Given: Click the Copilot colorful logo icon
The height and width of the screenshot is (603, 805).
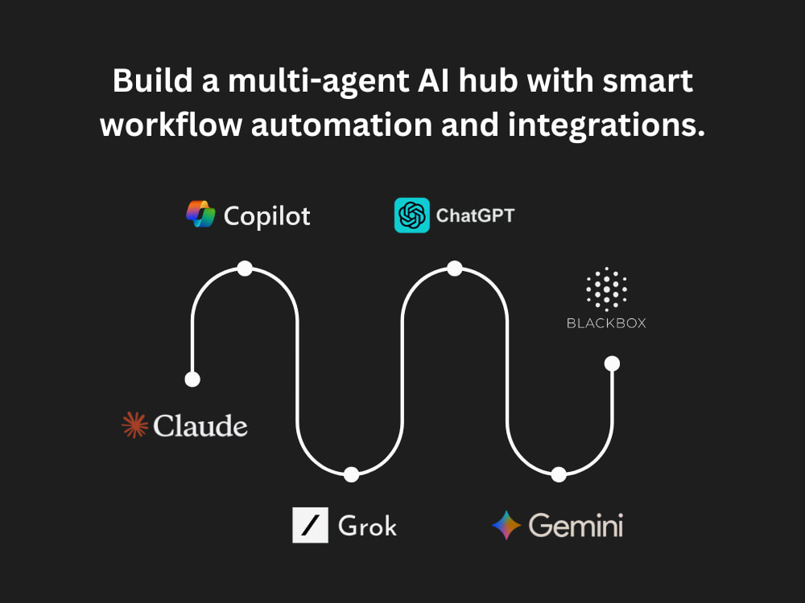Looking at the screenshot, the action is [x=200, y=215].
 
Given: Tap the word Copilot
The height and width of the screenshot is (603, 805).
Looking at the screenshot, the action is [x=267, y=216].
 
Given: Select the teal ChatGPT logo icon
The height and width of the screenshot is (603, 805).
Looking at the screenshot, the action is [x=411, y=215].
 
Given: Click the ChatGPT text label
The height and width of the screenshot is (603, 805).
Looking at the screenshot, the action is [x=476, y=215].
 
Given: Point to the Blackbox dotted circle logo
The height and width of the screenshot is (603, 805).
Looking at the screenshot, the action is [x=606, y=289].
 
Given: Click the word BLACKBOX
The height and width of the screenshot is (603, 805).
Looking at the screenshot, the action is [x=606, y=323].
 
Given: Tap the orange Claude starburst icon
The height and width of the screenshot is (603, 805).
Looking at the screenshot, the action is [x=135, y=425].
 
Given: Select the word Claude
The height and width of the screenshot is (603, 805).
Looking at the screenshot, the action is [x=200, y=425].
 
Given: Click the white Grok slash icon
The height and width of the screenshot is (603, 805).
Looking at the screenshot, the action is [x=310, y=525].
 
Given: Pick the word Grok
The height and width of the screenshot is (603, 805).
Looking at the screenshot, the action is [x=368, y=526].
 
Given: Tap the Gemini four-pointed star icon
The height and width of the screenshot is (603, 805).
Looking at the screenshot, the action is [x=506, y=525].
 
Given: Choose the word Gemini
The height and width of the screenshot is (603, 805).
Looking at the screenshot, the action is [x=576, y=526].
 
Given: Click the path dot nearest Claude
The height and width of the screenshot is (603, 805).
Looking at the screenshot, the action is [x=192, y=379].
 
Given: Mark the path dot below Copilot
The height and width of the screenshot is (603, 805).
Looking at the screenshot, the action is [x=245, y=269].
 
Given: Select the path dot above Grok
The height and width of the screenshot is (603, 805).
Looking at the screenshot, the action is [x=351, y=474].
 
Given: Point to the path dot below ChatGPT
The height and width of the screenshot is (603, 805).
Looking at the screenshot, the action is [x=455, y=269].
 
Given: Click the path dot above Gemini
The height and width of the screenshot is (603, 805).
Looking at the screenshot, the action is [x=559, y=474].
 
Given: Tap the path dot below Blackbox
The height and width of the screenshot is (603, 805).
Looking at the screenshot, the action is [x=612, y=363].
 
